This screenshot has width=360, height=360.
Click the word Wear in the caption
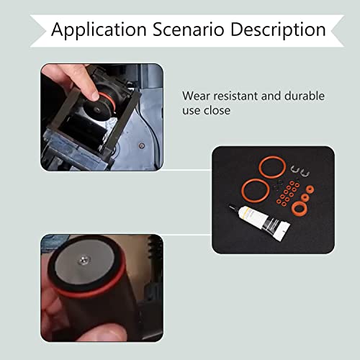(x=195, y=96)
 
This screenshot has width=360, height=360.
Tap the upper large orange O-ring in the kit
(x=271, y=169)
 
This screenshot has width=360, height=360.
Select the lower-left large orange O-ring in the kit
(x=253, y=188)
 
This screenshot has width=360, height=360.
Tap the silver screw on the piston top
(x=86, y=265)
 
